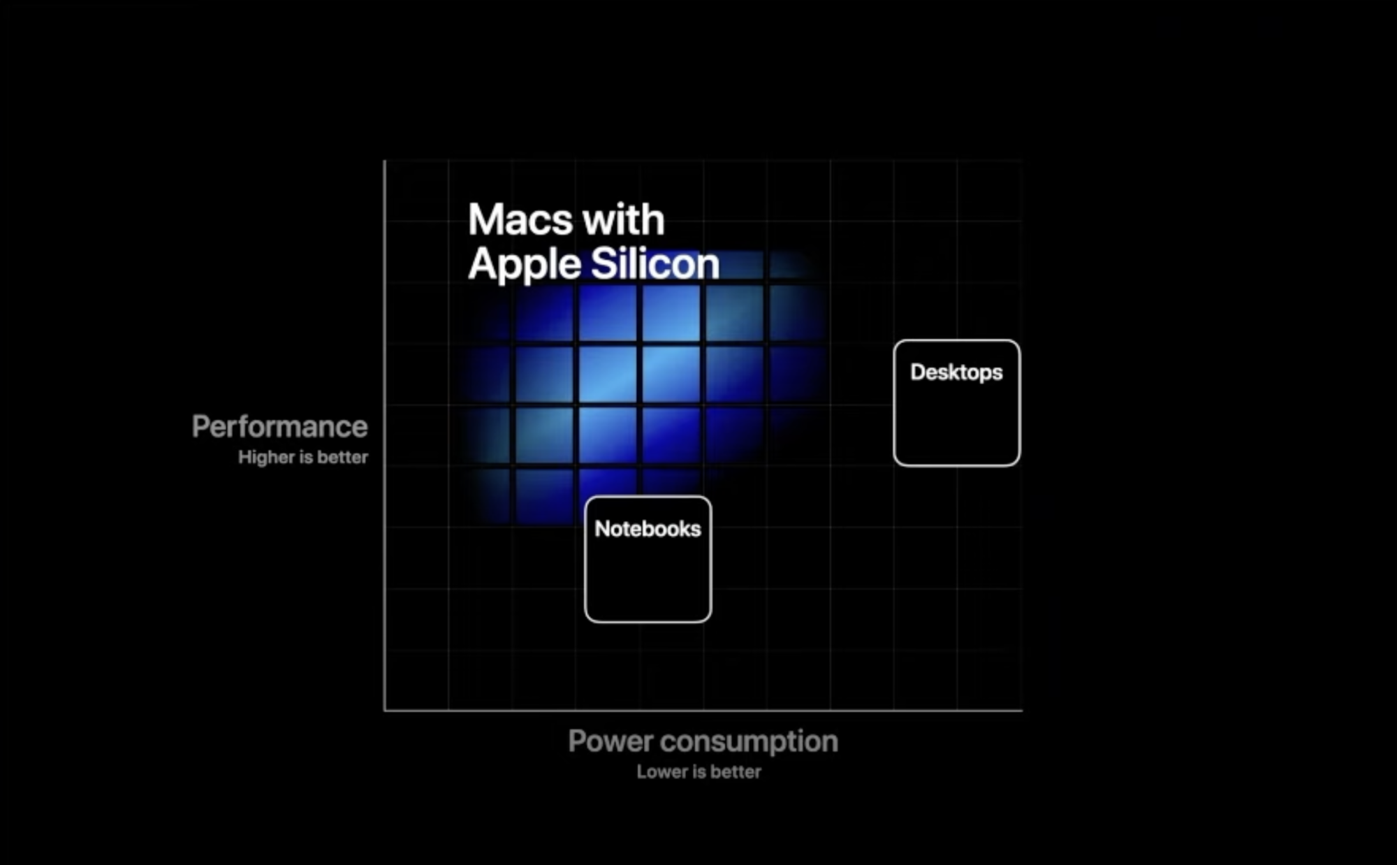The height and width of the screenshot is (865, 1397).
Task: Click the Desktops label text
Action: tap(956, 372)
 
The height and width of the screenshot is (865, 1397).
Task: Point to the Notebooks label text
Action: tap(648, 529)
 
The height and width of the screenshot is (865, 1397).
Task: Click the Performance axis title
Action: tap(279, 426)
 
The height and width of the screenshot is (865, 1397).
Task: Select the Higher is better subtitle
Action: tap(302, 457)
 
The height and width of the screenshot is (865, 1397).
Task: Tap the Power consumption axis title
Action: tap(703, 742)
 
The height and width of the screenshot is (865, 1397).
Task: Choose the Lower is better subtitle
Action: tap(698, 771)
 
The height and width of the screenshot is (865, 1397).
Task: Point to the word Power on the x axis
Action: tap(610, 741)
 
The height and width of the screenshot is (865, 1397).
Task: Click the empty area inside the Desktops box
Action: tap(956, 426)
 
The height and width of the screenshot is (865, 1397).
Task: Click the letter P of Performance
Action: tap(201, 426)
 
